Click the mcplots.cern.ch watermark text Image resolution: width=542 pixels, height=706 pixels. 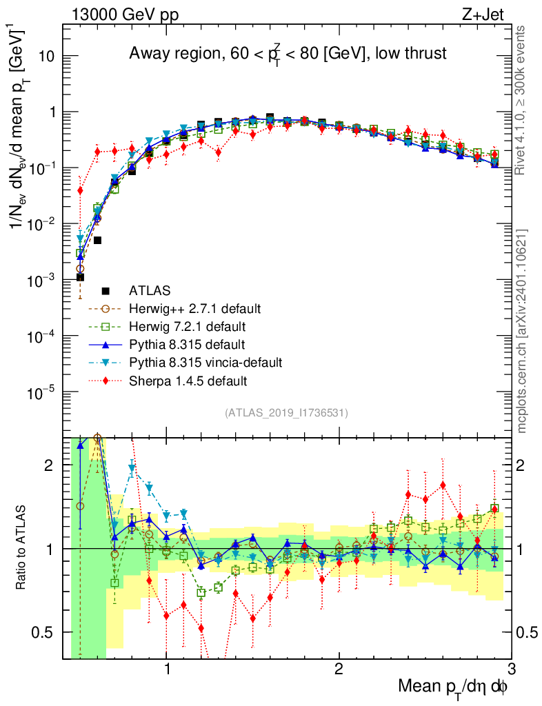point(523,331)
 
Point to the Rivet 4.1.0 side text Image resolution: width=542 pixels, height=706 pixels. point(523,100)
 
